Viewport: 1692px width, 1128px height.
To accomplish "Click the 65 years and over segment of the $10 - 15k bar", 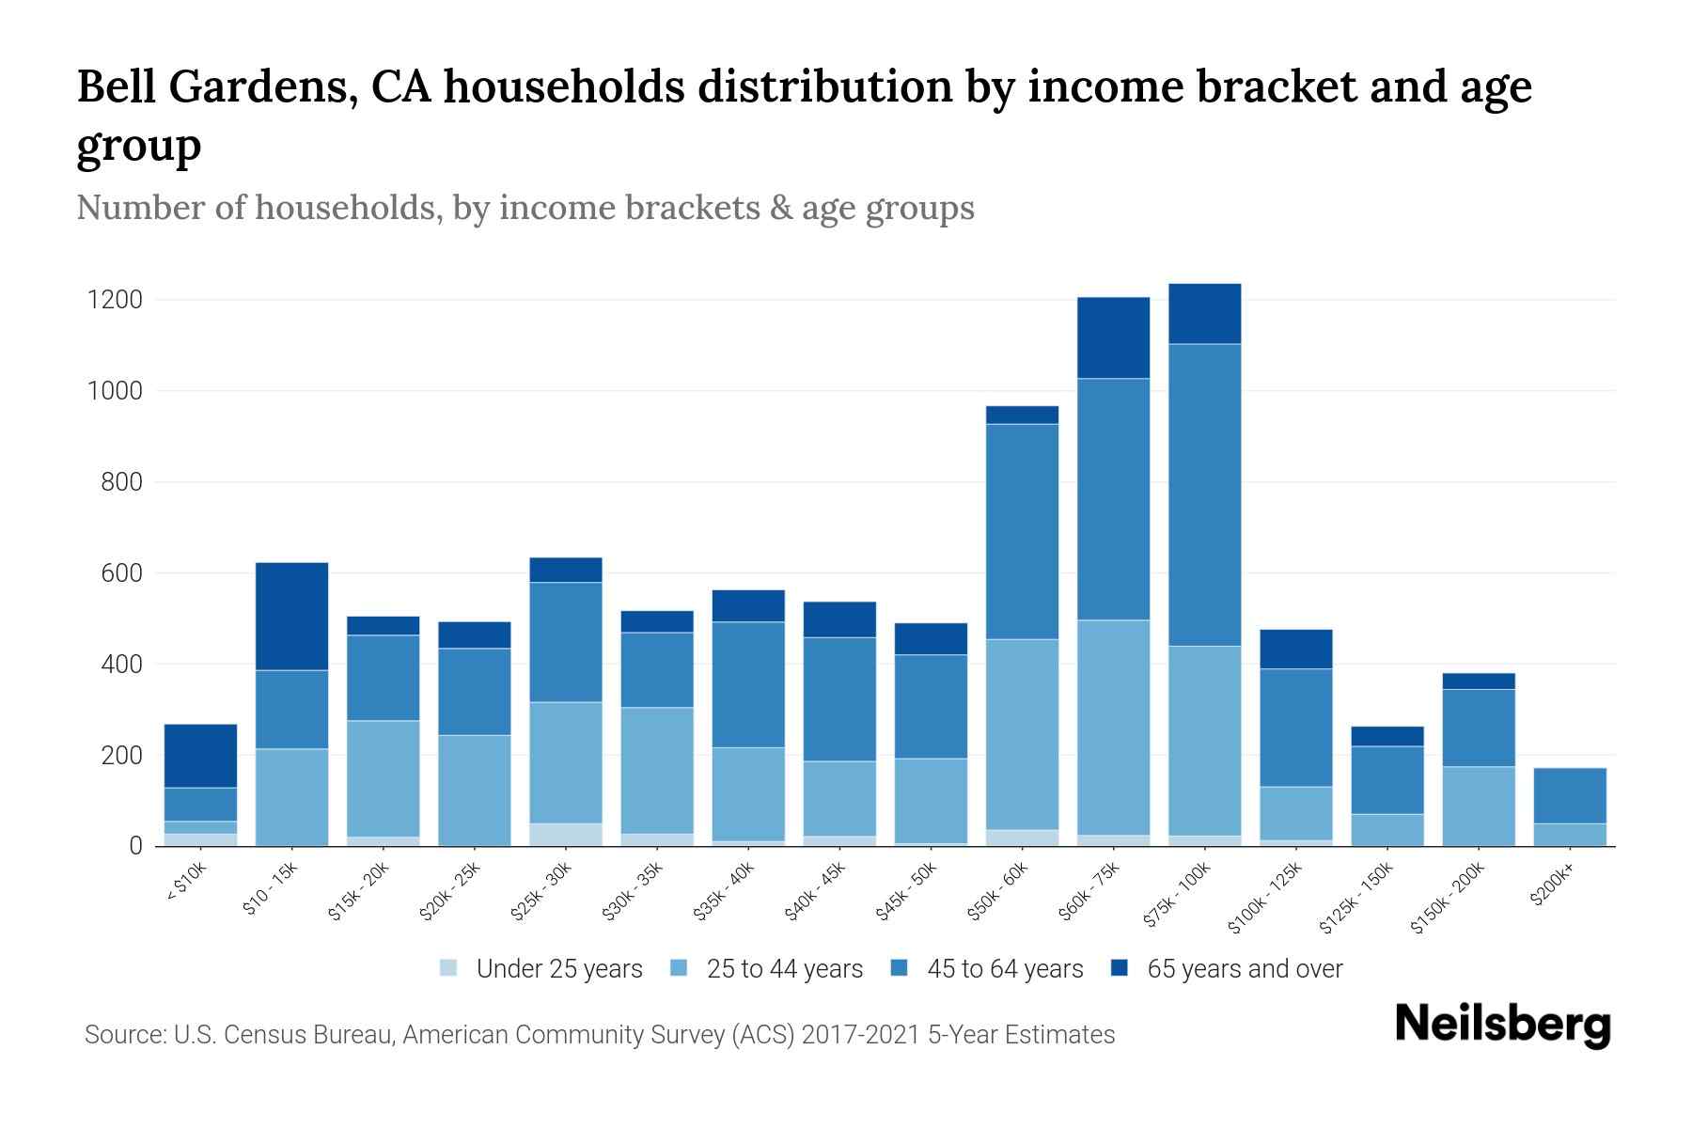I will [292, 616].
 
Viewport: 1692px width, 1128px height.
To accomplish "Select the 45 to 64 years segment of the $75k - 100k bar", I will [1204, 494].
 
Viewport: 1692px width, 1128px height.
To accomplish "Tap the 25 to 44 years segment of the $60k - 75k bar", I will [1113, 727].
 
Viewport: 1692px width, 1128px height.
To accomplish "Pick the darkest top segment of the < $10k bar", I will [200, 756].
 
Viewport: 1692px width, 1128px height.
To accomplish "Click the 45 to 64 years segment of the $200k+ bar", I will [1570, 795].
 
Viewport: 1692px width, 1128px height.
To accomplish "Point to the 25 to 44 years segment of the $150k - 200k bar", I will [1479, 806].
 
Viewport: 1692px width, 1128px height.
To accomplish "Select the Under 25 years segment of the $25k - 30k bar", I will [566, 834].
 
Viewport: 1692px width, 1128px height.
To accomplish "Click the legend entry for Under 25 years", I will [558, 969].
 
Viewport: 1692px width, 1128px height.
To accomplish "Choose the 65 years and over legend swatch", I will [1119, 968].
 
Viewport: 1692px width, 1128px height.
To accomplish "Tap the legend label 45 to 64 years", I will [1005, 969].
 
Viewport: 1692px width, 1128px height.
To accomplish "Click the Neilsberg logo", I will [1502, 1025].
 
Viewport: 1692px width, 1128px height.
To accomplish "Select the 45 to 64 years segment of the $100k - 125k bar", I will [1295, 728].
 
